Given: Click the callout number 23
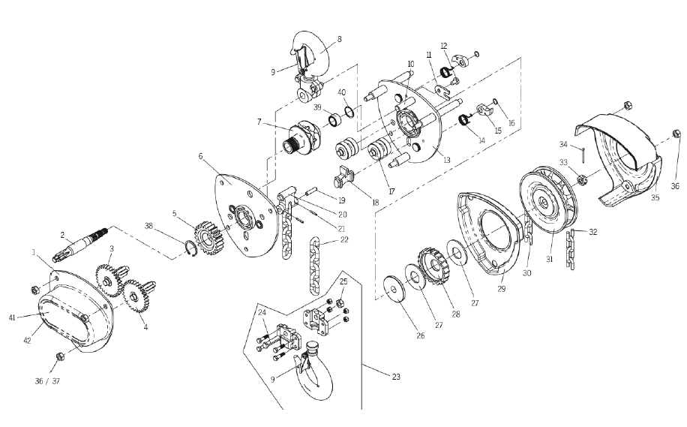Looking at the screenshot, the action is coord(396,377).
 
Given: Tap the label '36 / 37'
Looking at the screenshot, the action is coord(47,381).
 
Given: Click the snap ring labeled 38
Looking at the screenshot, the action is coord(188,248).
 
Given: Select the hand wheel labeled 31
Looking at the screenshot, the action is coord(548,205).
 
